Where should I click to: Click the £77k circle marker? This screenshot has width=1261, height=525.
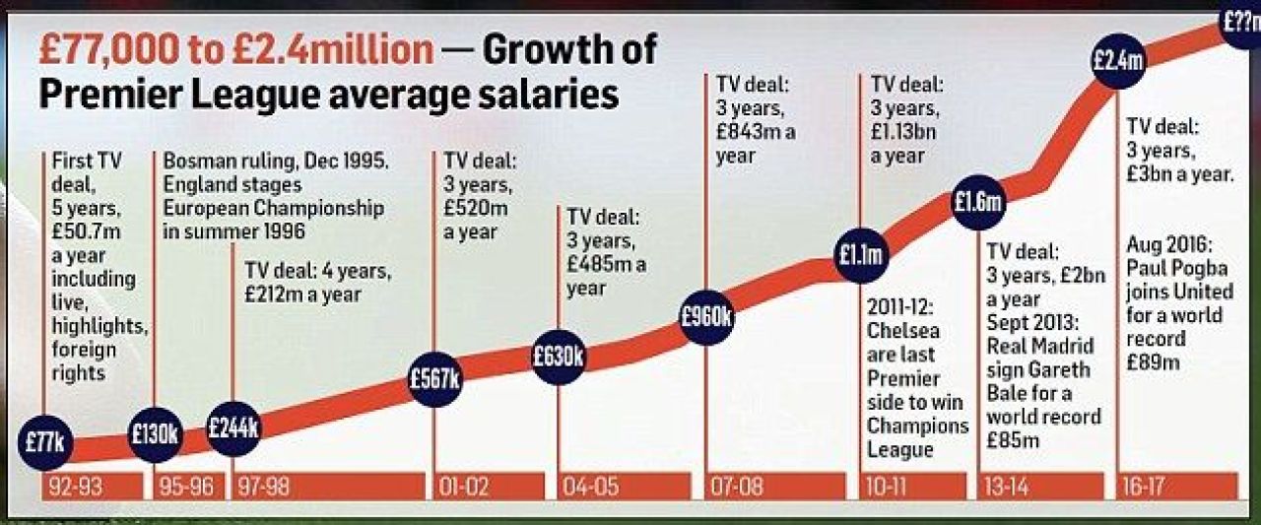coord(45,443)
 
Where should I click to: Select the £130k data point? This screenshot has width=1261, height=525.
coord(155,434)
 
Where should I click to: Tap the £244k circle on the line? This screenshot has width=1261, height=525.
coord(233,428)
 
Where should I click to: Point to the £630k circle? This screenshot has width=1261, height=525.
coord(559,357)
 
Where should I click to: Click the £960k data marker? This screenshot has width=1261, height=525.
coord(706,318)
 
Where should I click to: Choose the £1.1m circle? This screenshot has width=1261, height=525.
coord(861,255)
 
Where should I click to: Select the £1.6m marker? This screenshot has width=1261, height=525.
coord(978,202)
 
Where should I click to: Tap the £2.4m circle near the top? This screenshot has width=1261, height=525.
coord(1117,61)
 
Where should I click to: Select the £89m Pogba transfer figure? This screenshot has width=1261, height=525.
coord(1153,362)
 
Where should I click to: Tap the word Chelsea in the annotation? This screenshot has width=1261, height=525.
coord(903,331)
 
